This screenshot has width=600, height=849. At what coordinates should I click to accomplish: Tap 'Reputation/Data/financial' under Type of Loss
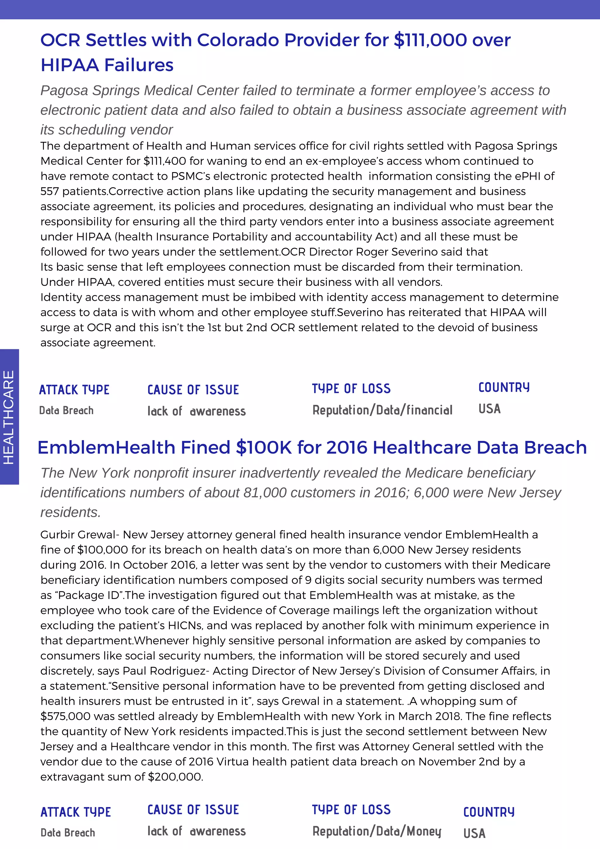pos(382,410)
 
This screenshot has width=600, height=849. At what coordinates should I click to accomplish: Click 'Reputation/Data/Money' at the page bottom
pos(377,831)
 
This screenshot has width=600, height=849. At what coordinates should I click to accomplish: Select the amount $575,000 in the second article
pos(65,716)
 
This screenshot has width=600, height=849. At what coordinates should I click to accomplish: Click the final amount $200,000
pos(175,777)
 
